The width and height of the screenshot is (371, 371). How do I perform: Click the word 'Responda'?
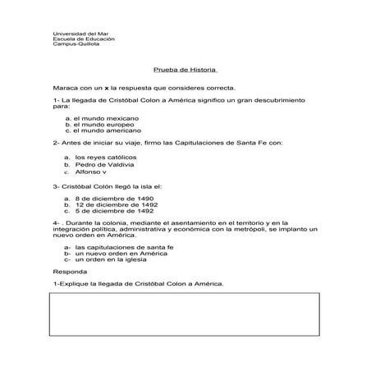[68, 271]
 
